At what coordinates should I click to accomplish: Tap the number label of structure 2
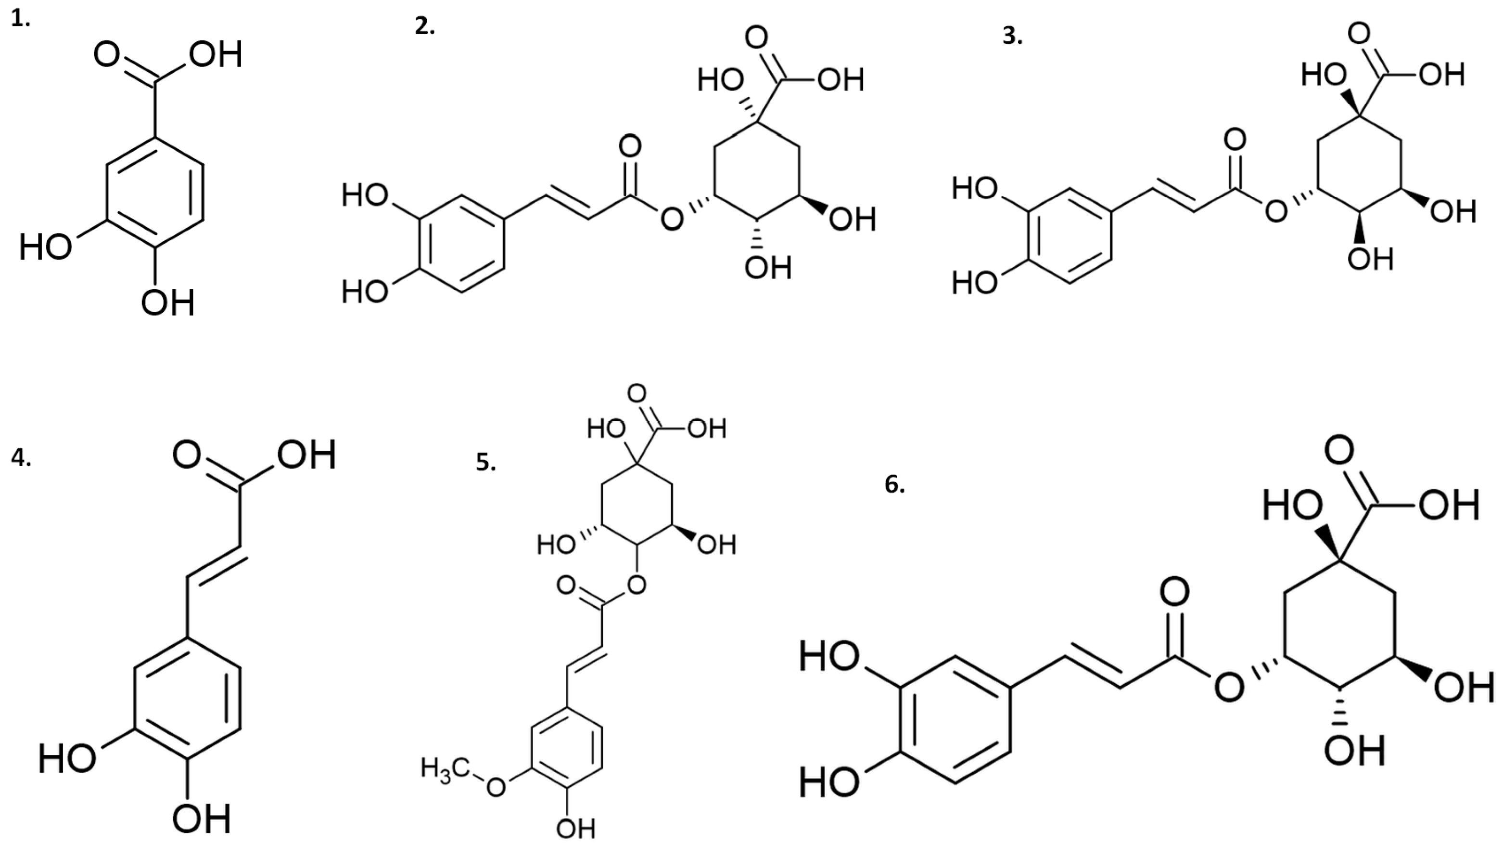coord(425,27)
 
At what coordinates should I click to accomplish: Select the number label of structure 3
coord(1012,36)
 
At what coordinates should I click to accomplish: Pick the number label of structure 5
coord(486,462)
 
